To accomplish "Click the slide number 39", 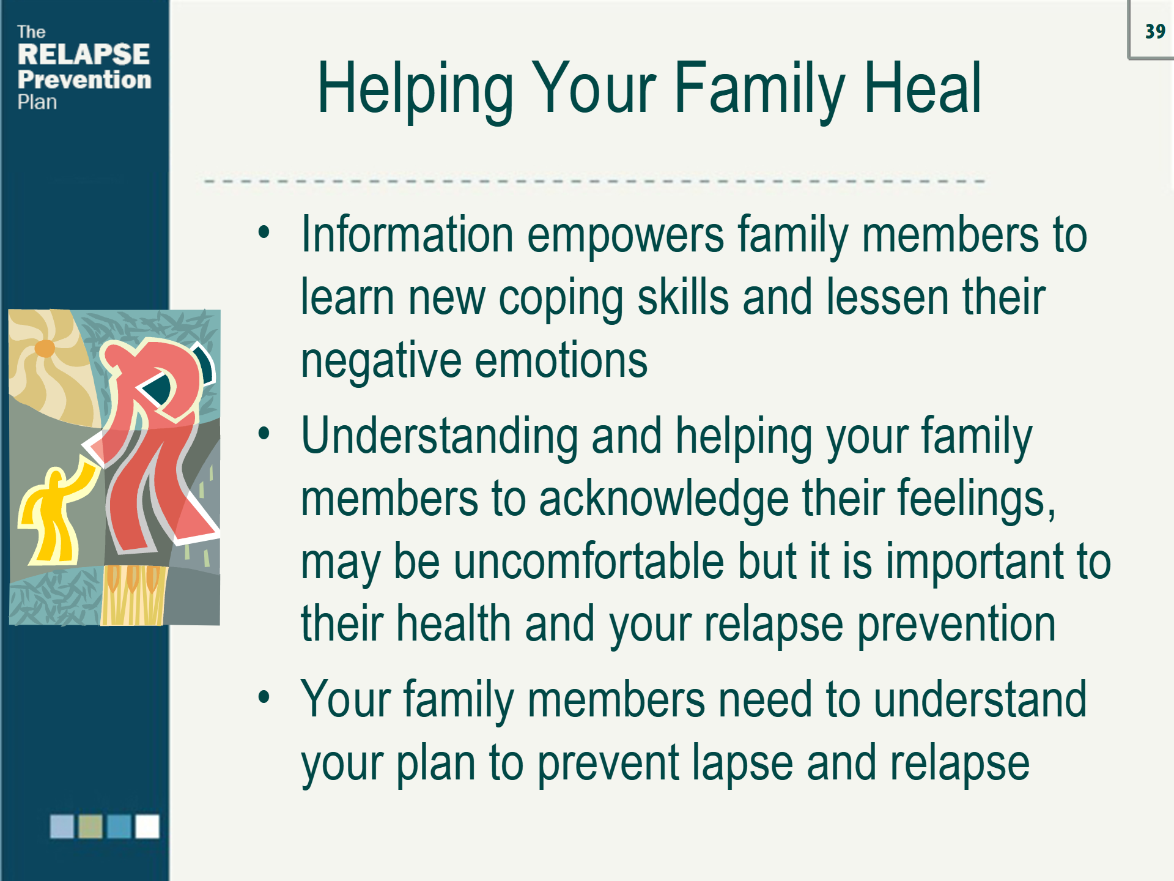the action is [1155, 31].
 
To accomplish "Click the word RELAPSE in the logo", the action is [84, 54].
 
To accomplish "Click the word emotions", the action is [561, 361].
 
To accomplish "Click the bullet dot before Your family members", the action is [264, 697].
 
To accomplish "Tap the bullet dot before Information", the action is [264, 231].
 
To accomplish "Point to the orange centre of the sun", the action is [45, 348].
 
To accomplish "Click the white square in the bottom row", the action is [147, 826].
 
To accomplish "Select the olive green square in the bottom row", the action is [90, 826].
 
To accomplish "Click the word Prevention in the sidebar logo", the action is [84, 80].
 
